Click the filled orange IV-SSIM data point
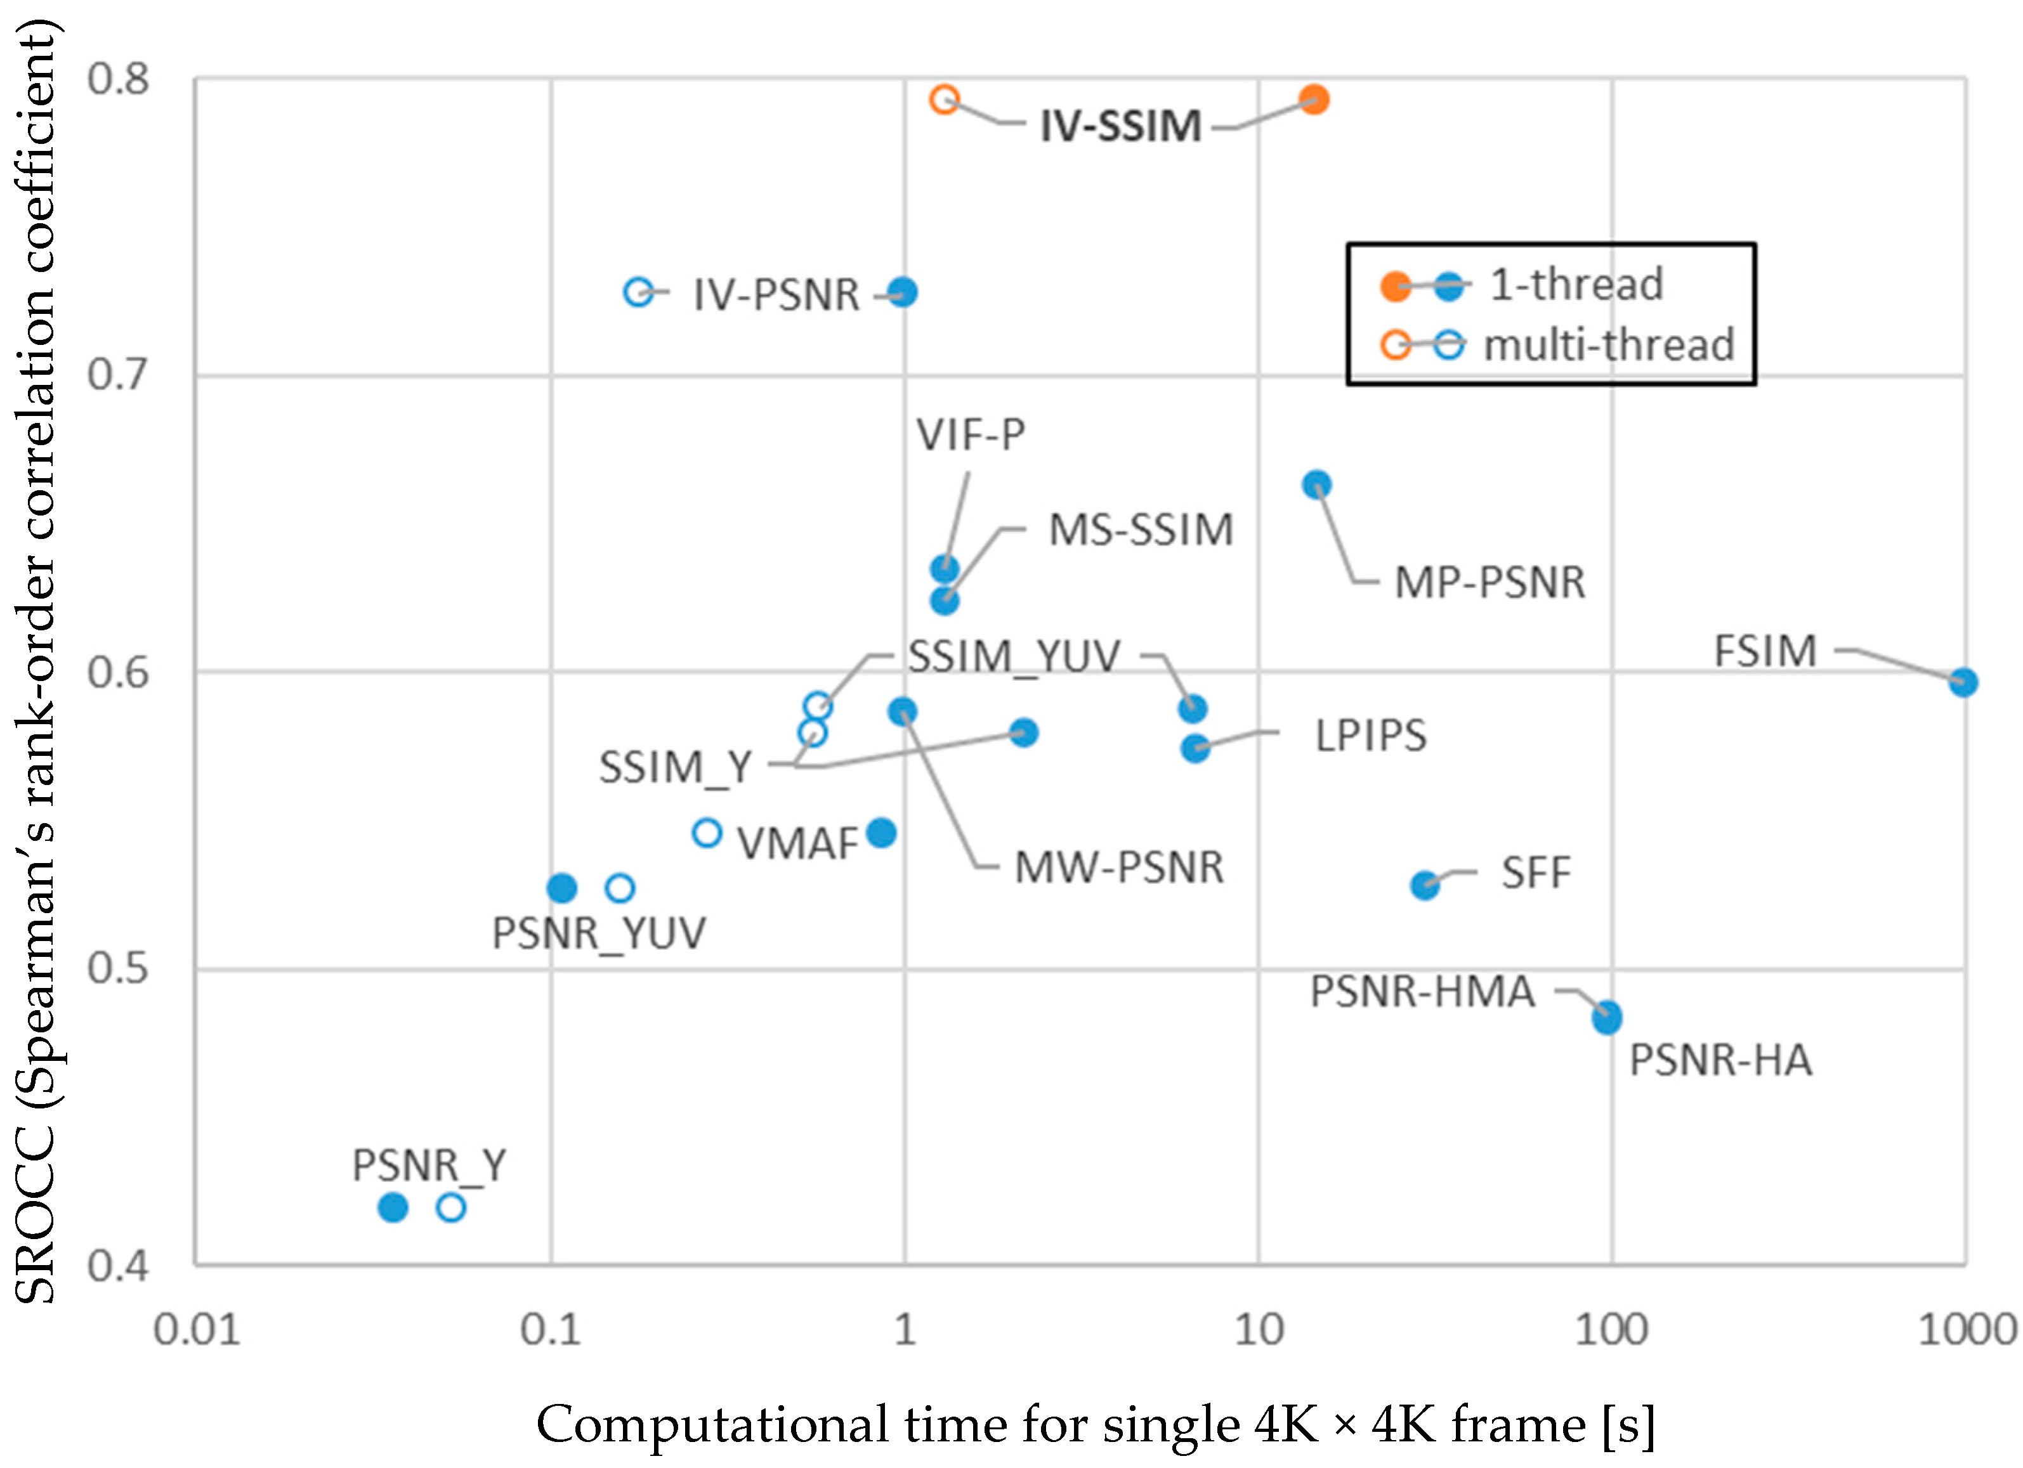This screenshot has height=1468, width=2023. pos(1313,99)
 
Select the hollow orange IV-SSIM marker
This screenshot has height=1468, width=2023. pos(945,99)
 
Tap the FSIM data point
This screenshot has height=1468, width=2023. pos(1962,682)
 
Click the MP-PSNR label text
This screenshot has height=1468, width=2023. pos(1489,582)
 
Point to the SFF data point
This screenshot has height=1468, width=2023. pos(1425,885)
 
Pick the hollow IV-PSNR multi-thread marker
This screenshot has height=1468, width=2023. pos(639,292)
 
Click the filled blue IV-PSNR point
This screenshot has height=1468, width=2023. pos(903,292)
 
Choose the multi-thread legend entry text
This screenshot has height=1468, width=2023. pos(1608,345)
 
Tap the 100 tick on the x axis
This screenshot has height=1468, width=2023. pos(1611,1330)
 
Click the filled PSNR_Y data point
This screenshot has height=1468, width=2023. pos(393,1207)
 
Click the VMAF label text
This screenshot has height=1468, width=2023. pos(797,843)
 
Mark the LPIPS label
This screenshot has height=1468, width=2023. pos(1371,736)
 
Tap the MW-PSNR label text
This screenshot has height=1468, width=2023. pos(1118,867)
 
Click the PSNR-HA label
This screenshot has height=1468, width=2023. pos(1720,1060)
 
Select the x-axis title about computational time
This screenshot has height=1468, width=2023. pos(1096,1424)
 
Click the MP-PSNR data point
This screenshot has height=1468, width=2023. pos(1316,484)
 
